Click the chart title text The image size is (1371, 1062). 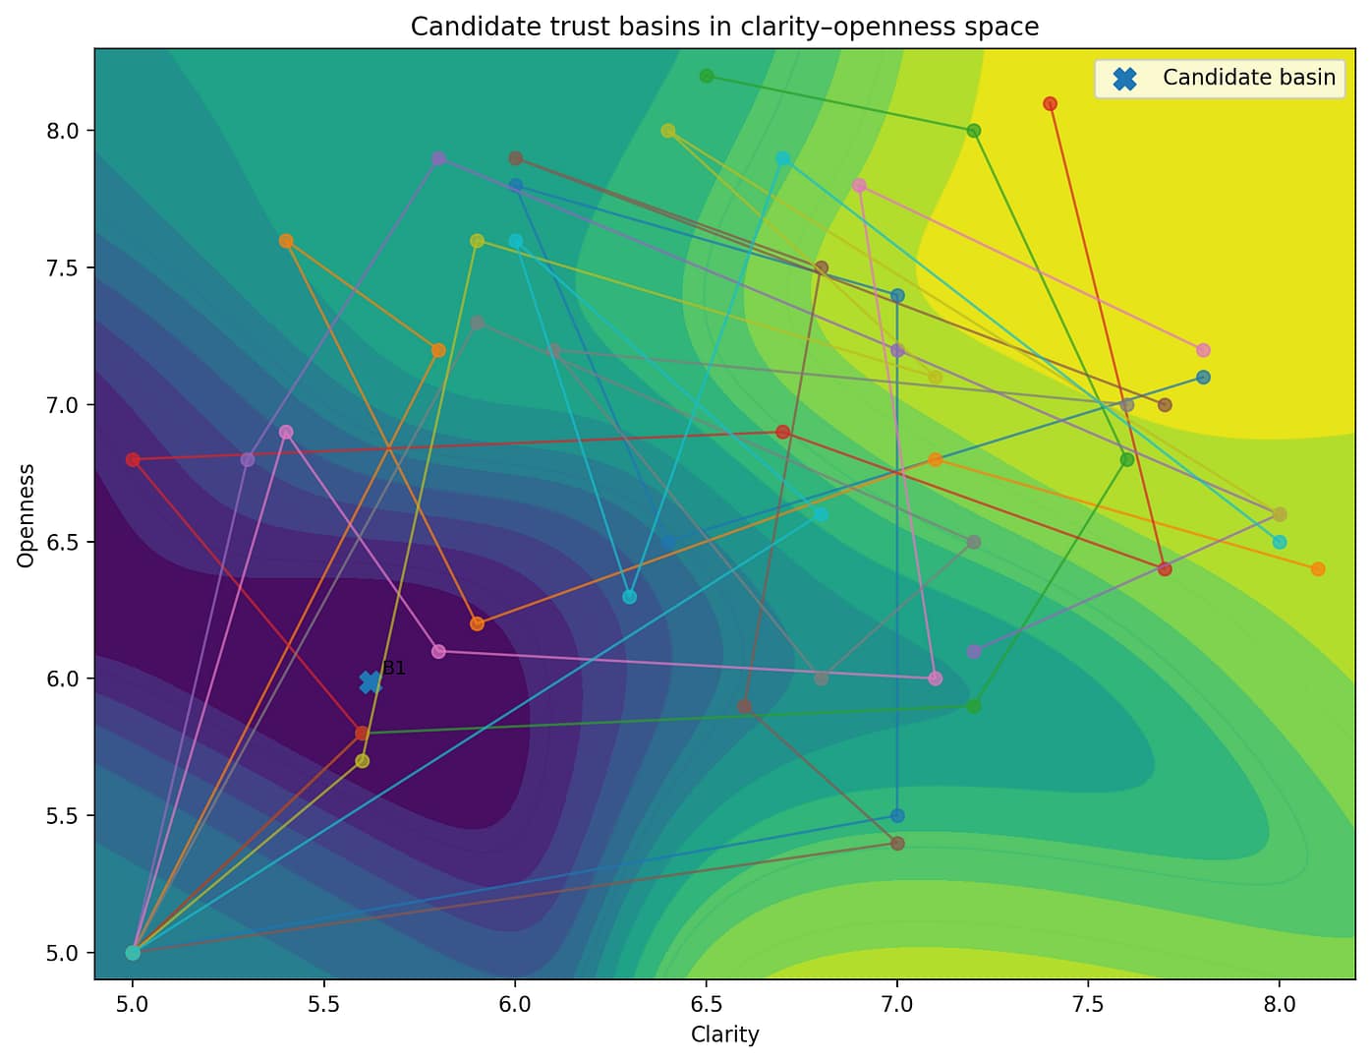tap(724, 27)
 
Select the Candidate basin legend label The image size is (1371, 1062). tap(1248, 78)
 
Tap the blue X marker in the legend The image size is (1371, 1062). tap(1124, 79)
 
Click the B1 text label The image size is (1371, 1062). tap(393, 669)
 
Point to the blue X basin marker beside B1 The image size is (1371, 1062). tap(371, 681)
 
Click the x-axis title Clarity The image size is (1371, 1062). tap(724, 1034)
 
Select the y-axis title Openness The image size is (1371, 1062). tap(27, 514)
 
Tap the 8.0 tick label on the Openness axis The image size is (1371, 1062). tap(69, 131)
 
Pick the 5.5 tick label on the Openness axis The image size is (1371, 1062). tap(69, 816)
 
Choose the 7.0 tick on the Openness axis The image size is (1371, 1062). tap(69, 405)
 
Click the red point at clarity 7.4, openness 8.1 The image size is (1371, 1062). tap(1050, 103)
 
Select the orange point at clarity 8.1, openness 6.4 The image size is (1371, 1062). tap(1318, 569)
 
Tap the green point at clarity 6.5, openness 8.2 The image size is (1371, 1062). tap(706, 76)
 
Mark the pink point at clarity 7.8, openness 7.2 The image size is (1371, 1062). tap(1203, 350)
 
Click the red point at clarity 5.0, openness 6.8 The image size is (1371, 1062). tap(133, 459)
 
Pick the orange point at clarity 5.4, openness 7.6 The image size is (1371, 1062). tap(286, 241)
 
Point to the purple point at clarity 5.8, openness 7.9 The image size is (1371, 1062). tap(438, 158)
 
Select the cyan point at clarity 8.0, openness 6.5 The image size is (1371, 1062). tap(1280, 542)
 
